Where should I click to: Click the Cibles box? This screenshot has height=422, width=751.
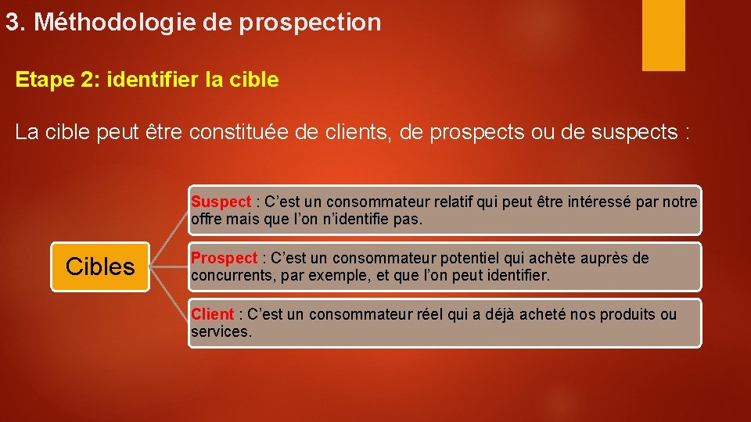coord(100,266)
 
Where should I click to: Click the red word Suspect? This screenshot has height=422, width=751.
coord(219,202)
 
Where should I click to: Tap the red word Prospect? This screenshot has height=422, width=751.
coord(224,258)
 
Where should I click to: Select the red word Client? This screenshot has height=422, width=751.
coord(213,314)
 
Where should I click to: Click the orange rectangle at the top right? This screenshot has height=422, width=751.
coord(663,34)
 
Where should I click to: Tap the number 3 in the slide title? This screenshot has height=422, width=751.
coord(12,23)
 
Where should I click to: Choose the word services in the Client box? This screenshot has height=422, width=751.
coord(221,331)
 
